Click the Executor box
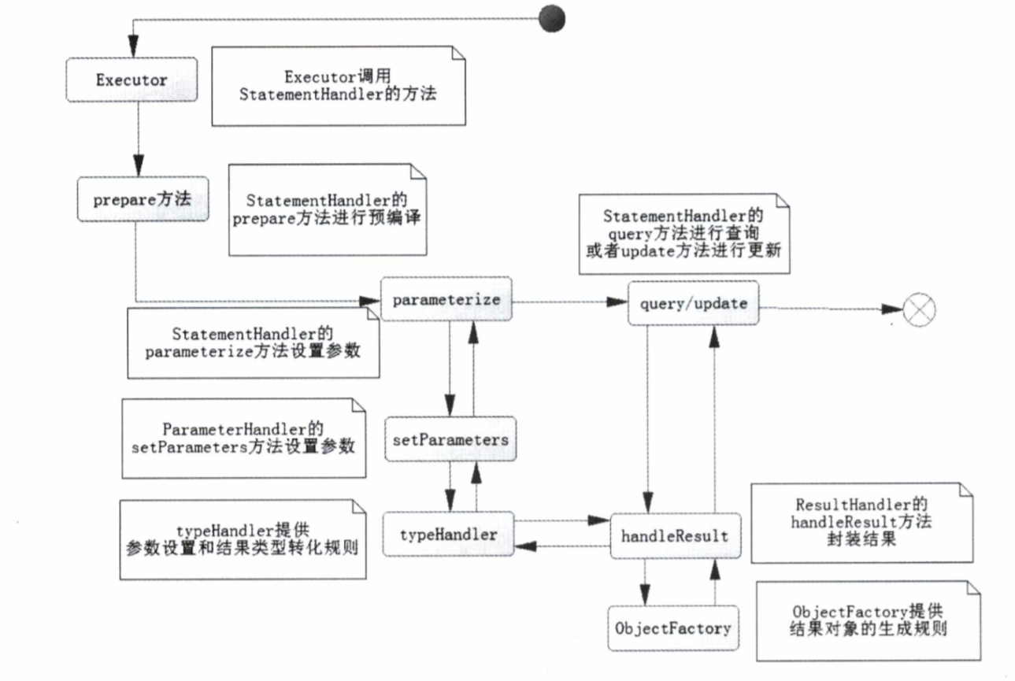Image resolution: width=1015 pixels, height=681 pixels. pyautogui.click(x=131, y=80)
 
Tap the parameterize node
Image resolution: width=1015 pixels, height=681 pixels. pyautogui.click(x=447, y=299)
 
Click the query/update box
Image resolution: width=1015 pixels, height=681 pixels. pyautogui.click(x=694, y=302)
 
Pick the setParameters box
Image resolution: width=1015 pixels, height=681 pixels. pyautogui.click(x=450, y=439)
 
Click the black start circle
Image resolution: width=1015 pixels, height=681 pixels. pyautogui.click(x=551, y=17)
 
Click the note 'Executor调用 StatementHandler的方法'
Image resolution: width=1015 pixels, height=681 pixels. pyautogui.click(x=339, y=86)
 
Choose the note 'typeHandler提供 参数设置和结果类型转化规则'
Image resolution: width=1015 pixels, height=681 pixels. pyautogui.click(x=243, y=539)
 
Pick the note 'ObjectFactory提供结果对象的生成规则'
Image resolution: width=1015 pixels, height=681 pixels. pyautogui.click(x=869, y=620)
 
